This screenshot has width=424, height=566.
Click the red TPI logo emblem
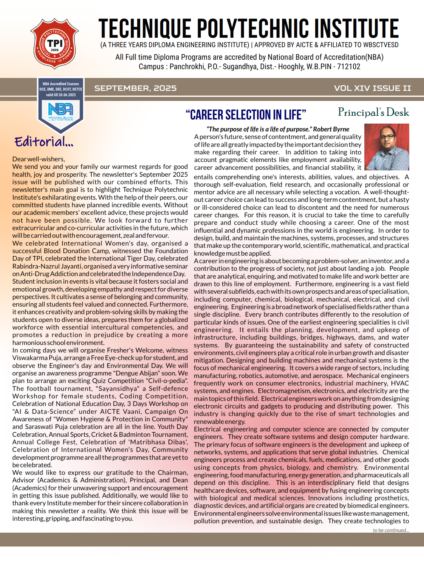tap(55, 44)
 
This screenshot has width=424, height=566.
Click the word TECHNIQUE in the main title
tap(145, 29)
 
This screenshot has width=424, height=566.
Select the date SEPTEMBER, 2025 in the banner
tap(135, 88)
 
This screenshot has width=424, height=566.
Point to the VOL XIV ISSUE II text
tap(372, 88)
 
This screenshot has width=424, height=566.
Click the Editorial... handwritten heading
tap(44, 142)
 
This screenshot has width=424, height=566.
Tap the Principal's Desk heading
tap(373, 112)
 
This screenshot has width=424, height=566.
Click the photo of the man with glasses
tap(387, 147)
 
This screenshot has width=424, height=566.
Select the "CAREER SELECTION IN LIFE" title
tap(246, 115)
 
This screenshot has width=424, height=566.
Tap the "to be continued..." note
tap(391, 530)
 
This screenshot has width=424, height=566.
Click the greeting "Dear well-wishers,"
tap(39, 159)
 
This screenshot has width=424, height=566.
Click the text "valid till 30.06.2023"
tap(61, 95)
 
